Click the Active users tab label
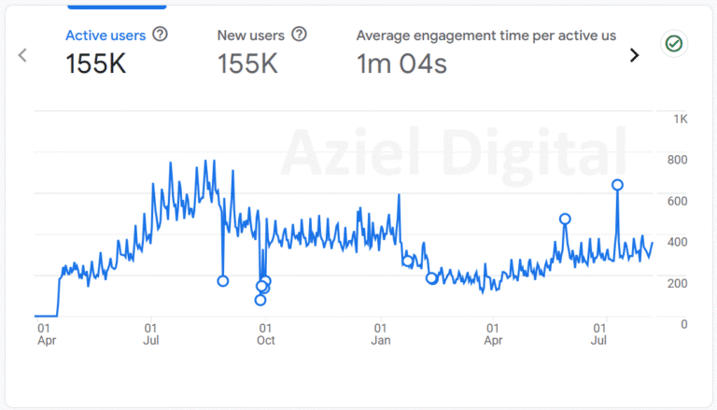coord(105,35)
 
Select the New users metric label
coord(250,35)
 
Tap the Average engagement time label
coord(485,35)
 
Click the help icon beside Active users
coord(160,35)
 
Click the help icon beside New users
coord(299,35)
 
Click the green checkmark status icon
coord(674,44)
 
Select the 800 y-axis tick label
coord(676,160)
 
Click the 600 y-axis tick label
coord(676,201)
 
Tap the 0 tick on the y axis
coord(683,324)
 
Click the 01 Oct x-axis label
coord(265,334)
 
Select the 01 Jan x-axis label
coord(380,334)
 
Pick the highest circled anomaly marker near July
coord(617,185)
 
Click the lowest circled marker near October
coord(260,300)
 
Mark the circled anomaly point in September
coord(222,281)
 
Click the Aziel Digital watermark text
coord(453,149)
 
